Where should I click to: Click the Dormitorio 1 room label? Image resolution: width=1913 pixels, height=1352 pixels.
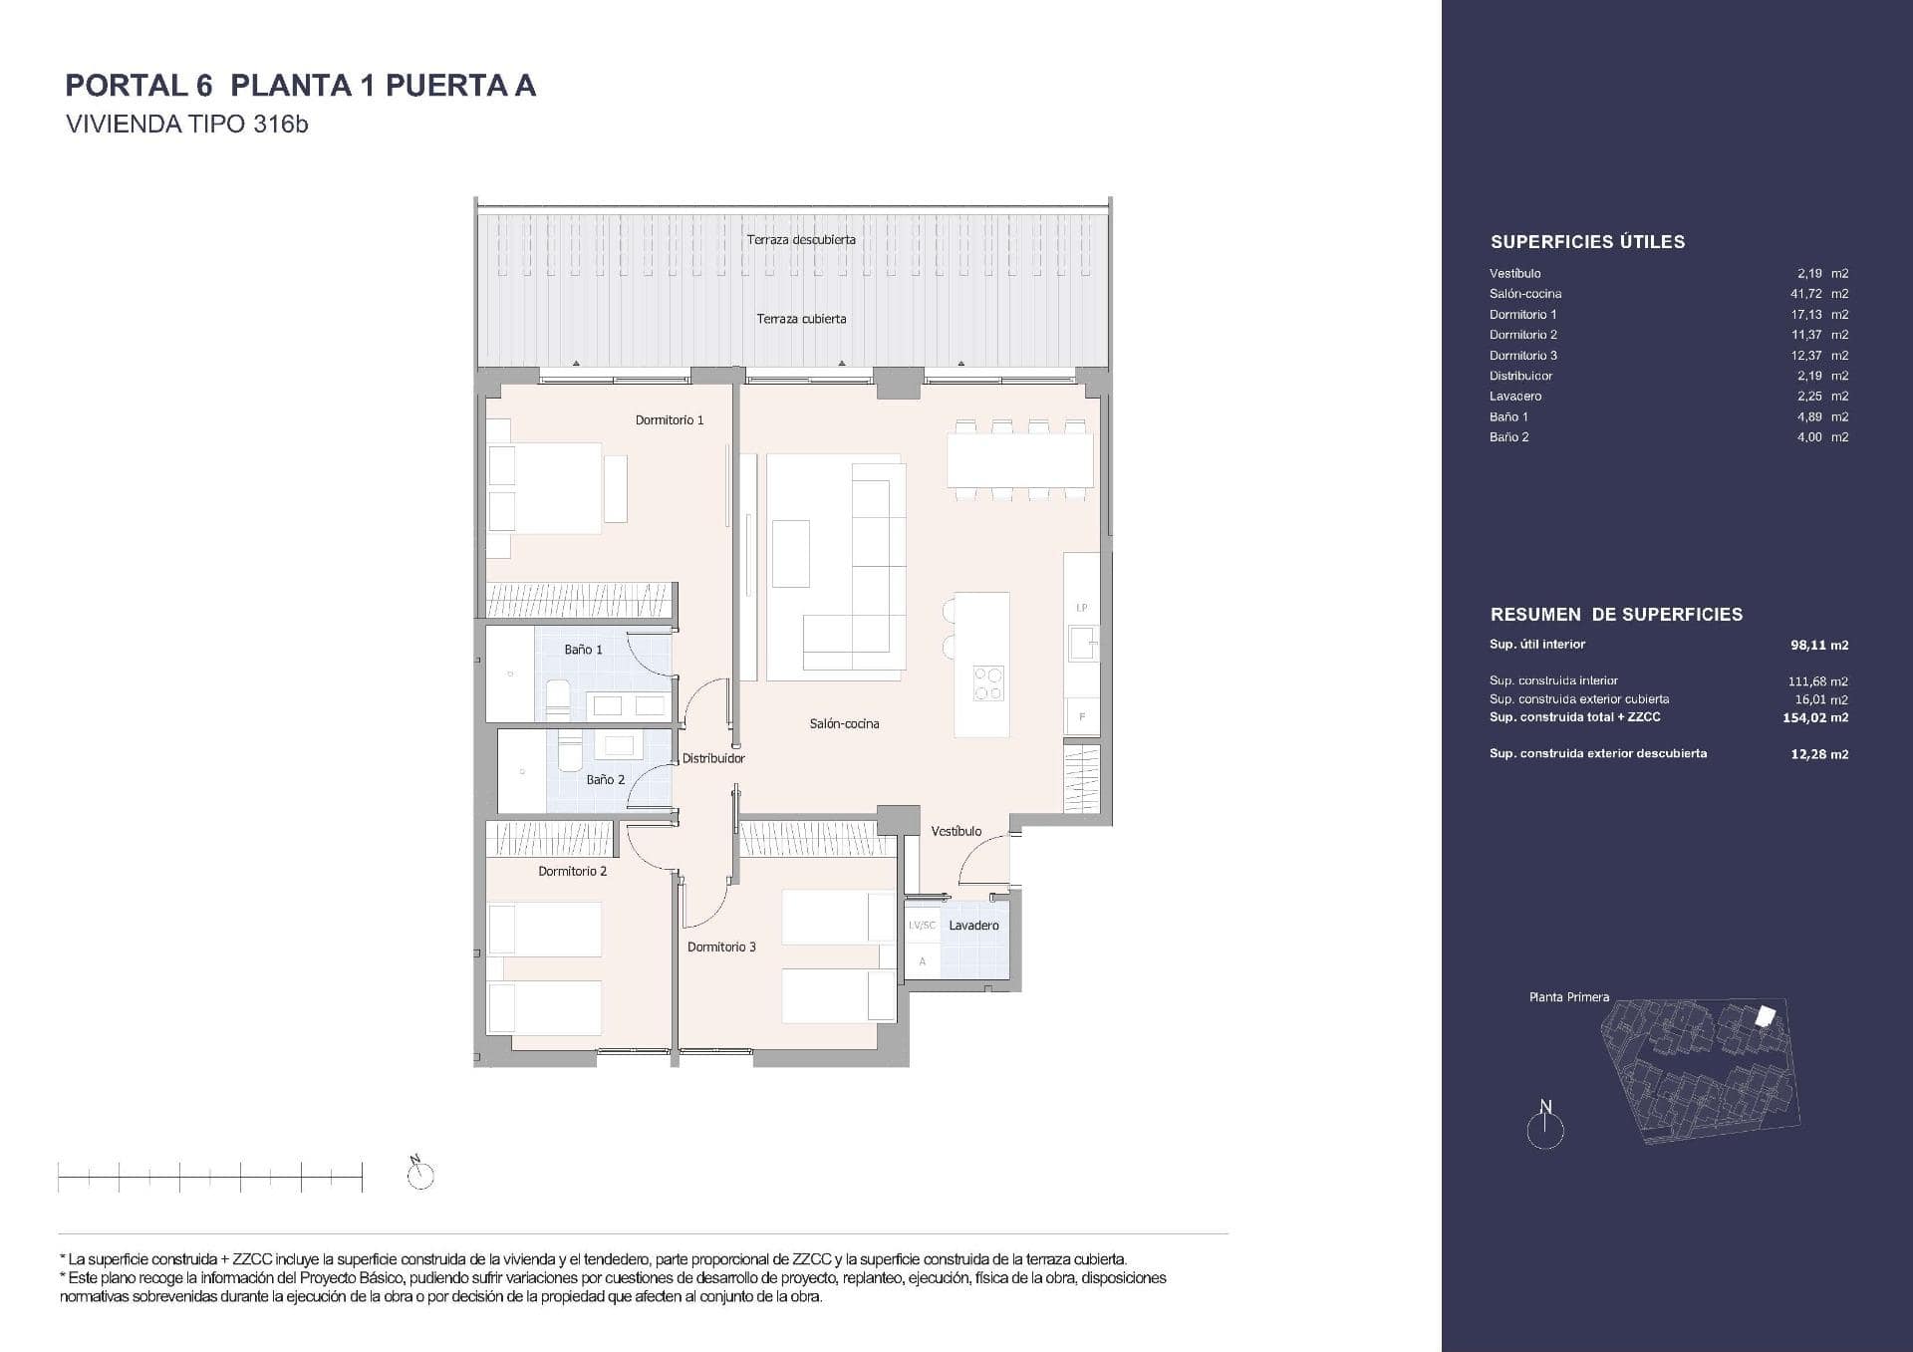tap(670, 420)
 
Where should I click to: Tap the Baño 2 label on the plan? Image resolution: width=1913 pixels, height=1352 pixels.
tap(606, 780)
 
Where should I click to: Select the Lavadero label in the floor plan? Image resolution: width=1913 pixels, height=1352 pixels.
tap(973, 926)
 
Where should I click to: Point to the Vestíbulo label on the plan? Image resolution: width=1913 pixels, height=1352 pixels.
tap(956, 831)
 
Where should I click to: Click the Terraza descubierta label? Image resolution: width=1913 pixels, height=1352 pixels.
tap(801, 240)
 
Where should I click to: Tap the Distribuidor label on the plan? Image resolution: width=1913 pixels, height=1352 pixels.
tap(713, 758)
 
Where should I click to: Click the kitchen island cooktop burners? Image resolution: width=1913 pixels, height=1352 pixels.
tap(988, 683)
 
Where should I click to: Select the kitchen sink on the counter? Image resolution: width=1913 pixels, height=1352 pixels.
tap(1082, 643)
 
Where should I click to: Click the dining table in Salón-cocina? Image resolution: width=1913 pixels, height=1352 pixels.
tap(1019, 459)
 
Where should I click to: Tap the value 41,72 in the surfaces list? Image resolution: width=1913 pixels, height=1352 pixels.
tap(1806, 294)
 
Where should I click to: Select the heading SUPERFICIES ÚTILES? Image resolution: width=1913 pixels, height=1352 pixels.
tap(1587, 242)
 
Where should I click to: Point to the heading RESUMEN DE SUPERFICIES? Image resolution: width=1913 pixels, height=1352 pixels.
tap(1616, 615)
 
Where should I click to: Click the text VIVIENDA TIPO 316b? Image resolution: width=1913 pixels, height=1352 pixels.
tap(186, 125)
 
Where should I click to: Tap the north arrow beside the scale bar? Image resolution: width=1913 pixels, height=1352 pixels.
tap(420, 1174)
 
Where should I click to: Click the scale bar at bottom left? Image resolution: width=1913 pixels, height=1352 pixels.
tap(210, 1178)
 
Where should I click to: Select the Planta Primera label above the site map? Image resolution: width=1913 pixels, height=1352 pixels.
tap(1569, 997)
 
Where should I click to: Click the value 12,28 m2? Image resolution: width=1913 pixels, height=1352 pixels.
tap(1819, 754)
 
